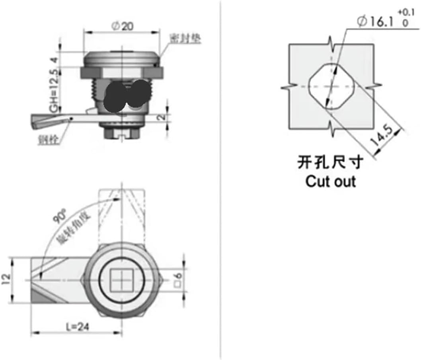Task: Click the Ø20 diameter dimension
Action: pyautogui.click(x=122, y=26)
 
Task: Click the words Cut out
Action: pyautogui.click(x=330, y=181)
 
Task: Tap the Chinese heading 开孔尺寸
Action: pyautogui.click(x=330, y=162)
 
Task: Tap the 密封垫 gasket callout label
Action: pyautogui.click(x=185, y=39)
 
